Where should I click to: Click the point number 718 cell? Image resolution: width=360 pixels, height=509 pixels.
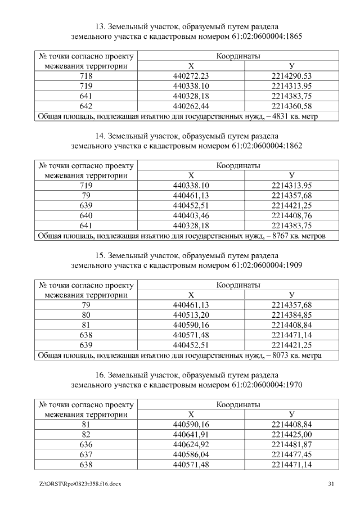click(86, 76)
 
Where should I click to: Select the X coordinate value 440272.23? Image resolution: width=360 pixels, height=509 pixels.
click(191, 76)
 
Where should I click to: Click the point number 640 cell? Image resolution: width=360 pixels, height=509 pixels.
click(86, 215)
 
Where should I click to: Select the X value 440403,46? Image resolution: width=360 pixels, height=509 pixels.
click(191, 215)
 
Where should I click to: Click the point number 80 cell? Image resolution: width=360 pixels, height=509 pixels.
click(86, 315)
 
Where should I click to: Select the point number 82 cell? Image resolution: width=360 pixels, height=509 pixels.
click(86, 435)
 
